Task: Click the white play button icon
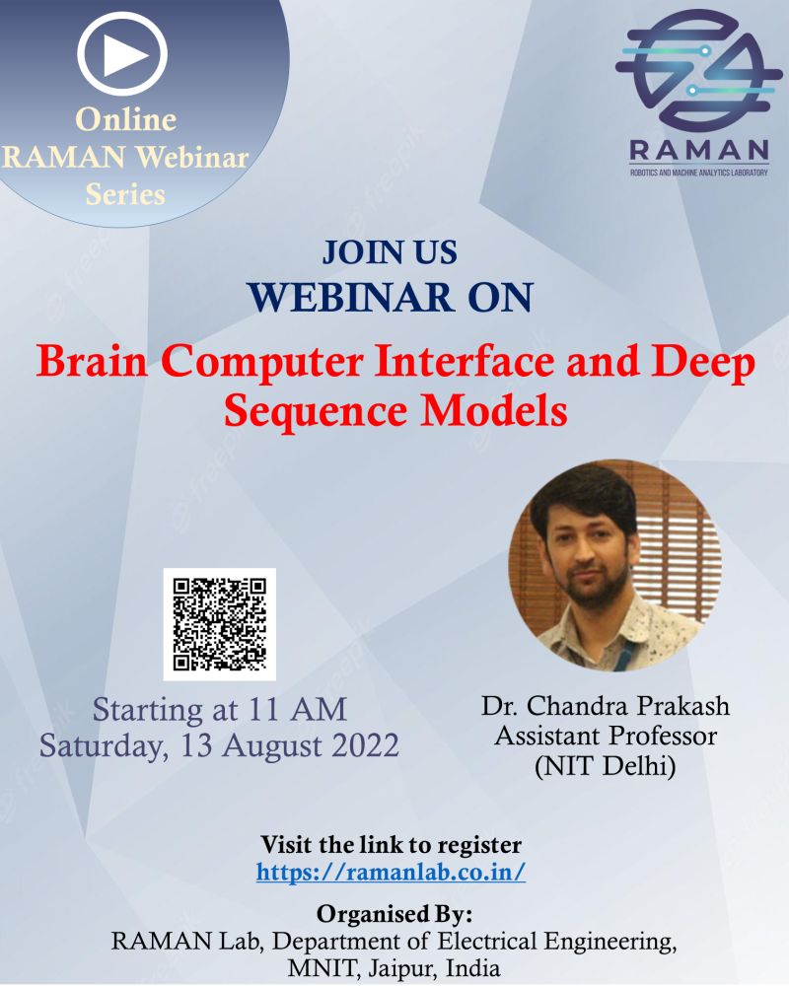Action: (x=122, y=54)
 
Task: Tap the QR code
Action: (x=220, y=624)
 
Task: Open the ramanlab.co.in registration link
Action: (x=391, y=873)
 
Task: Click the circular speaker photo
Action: (x=614, y=565)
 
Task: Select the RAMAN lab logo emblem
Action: (x=698, y=70)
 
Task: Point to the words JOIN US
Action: (x=390, y=252)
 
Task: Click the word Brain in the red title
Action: (x=92, y=362)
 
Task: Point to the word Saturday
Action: (x=105, y=747)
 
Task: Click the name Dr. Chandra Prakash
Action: (x=606, y=706)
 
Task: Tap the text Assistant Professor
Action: (x=606, y=736)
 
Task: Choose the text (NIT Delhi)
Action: (x=606, y=766)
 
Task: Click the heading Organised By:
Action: (x=394, y=914)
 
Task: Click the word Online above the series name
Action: (x=126, y=119)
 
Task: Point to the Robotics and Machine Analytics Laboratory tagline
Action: (x=699, y=173)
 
